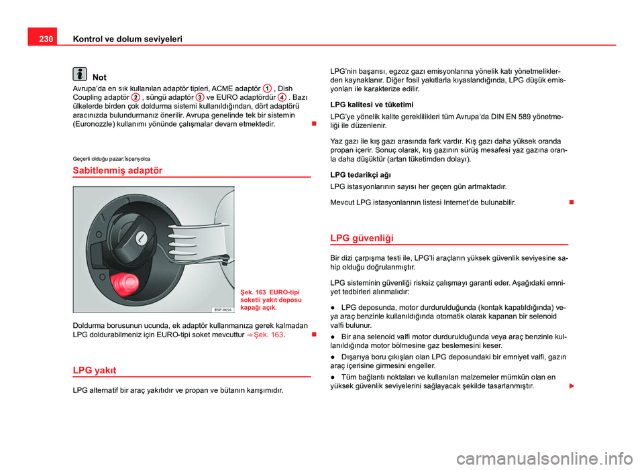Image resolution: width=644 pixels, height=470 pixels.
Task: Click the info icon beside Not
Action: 80,76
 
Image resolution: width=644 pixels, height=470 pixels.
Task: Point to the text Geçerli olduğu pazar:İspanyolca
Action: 111,158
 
